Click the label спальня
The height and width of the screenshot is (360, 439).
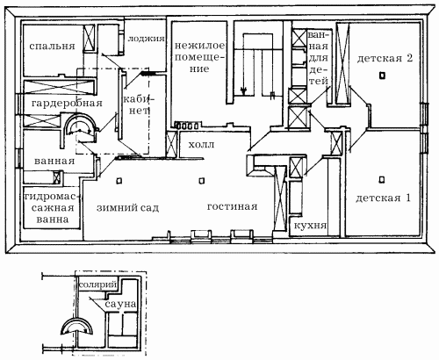pos(52,47)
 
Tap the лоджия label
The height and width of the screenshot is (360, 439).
pos(146,39)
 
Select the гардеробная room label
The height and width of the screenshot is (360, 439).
pos(67,104)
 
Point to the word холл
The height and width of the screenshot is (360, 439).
pos(201,145)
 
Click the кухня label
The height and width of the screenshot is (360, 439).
pos(310,226)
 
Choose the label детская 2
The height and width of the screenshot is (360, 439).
pos(385,58)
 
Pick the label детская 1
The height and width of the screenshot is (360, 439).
pos(384,198)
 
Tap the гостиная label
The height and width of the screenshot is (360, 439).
pos(233,206)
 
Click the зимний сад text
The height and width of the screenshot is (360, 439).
pos(127,208)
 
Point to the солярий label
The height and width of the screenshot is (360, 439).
pos(98,284)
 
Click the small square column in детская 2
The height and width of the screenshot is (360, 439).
pos(382,76)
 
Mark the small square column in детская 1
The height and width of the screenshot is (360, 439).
pos(381,179)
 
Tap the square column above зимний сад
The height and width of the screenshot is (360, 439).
pos(119,181)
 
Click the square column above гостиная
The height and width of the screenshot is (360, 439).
pos(201,181)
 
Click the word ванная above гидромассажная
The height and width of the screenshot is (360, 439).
pos(54,162)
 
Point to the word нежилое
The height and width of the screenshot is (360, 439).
pos(200,46)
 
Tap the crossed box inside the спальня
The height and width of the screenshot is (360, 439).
pos(90,38)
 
